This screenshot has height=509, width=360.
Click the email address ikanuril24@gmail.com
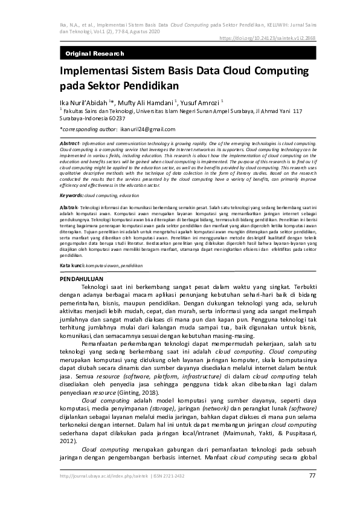[x=148, y=129]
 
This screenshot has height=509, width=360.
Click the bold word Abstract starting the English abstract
[x=70, y=141]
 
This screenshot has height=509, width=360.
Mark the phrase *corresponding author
[x=88, y=129]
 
